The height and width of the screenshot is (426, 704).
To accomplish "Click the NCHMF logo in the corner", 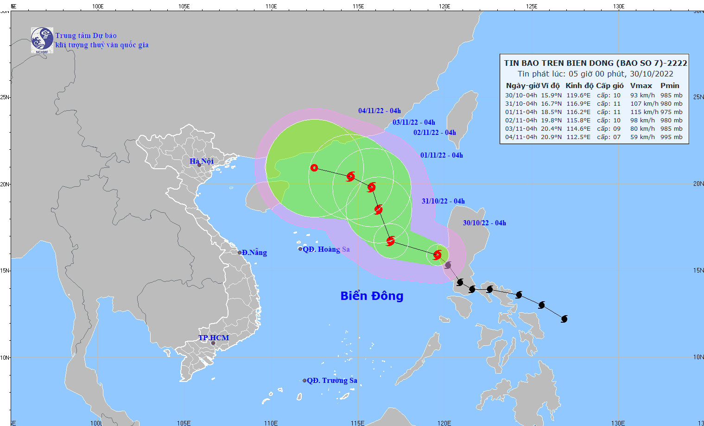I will (42, 40).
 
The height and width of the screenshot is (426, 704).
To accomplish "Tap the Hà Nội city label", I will (202, 161).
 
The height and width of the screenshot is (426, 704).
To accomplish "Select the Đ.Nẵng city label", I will (254, 253).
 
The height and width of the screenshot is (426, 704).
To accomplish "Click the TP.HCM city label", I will (214, 337).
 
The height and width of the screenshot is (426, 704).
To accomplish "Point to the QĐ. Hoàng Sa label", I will (326, 249).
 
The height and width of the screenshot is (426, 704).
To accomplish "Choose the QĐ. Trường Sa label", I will (332, 381).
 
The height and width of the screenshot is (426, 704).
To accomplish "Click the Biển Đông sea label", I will (372, 296).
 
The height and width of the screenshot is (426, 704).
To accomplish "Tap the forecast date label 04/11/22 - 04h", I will (379, 111).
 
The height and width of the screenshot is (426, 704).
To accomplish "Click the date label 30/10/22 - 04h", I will (484, 223).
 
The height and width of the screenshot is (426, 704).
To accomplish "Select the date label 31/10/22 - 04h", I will (443, 201).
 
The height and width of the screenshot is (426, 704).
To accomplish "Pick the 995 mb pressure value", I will (671, 137).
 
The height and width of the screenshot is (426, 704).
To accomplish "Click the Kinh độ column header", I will (579, 86).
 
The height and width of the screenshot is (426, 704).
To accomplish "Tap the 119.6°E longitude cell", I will (578, 95).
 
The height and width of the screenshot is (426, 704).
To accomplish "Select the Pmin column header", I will (670, 86).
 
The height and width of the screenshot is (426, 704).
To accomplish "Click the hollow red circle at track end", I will (314, 168).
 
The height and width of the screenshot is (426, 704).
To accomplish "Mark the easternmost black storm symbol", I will (564, 319).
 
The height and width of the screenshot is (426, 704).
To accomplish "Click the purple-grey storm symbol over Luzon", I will (448, 265).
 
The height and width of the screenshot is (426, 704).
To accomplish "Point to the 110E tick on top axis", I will (271, 6).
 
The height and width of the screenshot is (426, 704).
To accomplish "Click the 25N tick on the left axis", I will (5, 97).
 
